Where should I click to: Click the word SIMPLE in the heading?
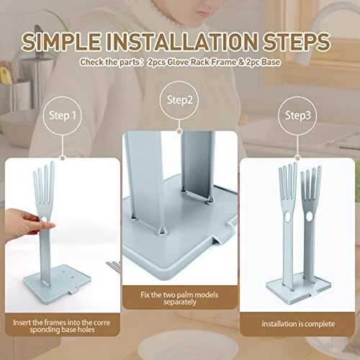tap(61, 41)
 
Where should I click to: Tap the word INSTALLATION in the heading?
tap(182, 41)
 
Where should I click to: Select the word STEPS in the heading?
tap(297, 41)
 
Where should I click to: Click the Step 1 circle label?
tap(63, 115)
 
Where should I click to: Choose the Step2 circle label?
tap(179, 100)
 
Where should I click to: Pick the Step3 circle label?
tap(297, 115)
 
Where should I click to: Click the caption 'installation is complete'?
tap(298, 324)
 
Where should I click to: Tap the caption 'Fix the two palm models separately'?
tap(179, 298)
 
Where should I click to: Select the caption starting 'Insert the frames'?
tap(62, 326)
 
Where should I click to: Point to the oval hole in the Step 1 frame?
tap(44, 220)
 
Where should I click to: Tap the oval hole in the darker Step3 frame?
tap(309, 217)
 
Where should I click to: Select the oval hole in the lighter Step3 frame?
tap(287, 218)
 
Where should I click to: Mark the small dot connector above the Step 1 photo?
tap(63, 158)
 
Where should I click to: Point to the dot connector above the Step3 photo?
tap(297, 158)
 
